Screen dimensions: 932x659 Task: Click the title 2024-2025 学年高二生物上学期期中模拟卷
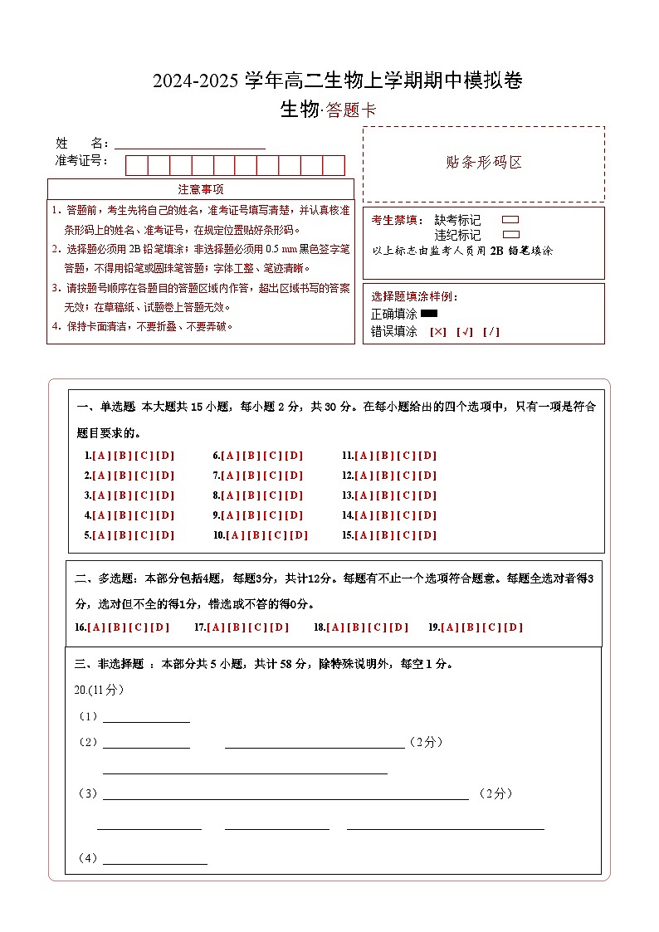click(x=337, y=81)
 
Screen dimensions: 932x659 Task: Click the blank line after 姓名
click(x=189, y=143)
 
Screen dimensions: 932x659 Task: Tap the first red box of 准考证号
click(x=136, y=165)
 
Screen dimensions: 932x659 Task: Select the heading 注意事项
click(x=201, y=189)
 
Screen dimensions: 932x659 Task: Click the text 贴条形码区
click(x=484, y=163)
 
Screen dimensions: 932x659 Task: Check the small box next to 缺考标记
click(x=511, y=220)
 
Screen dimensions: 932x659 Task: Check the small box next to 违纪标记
click(x=511, y=235)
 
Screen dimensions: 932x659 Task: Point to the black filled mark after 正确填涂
click(x=429, y=314)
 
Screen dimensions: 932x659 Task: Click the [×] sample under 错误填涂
click(x=437, y=332)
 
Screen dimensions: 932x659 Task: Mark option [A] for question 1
click(x=101, y=456)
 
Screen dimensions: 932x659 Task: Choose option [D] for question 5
click(x=166, y=535)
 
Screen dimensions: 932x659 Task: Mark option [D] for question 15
click(x=427, y=535)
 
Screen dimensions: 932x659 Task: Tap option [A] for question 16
click(x=97, y=627)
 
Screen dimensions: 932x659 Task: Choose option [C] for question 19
click(x=493, y=627)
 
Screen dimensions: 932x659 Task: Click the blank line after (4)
click(x=154, y=860)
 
